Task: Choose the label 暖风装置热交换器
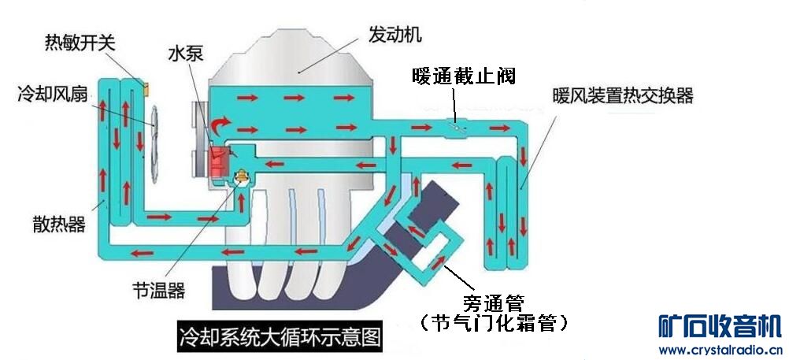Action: tap(622, 96)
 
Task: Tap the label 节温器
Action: tap(159, 290)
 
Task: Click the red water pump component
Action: tap(218, 161)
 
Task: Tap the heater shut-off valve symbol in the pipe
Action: tap(454, 124)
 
